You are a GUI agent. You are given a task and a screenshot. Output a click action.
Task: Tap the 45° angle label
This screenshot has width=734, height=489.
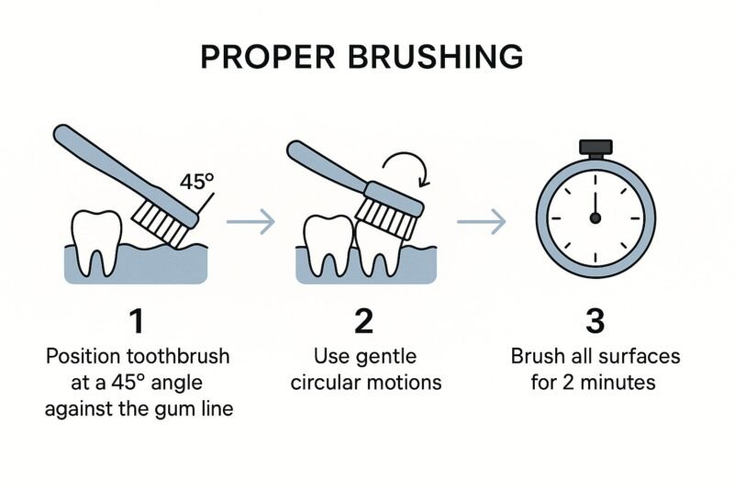coord(197,181)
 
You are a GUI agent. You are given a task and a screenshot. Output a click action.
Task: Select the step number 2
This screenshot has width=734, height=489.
coord(365,322)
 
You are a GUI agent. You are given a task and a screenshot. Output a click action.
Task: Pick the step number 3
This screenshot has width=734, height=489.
coord(594,322)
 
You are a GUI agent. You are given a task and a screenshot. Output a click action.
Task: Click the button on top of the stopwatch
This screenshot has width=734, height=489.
coord(594,147)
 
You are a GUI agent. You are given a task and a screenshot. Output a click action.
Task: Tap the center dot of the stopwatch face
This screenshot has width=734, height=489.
coord(595,217)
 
